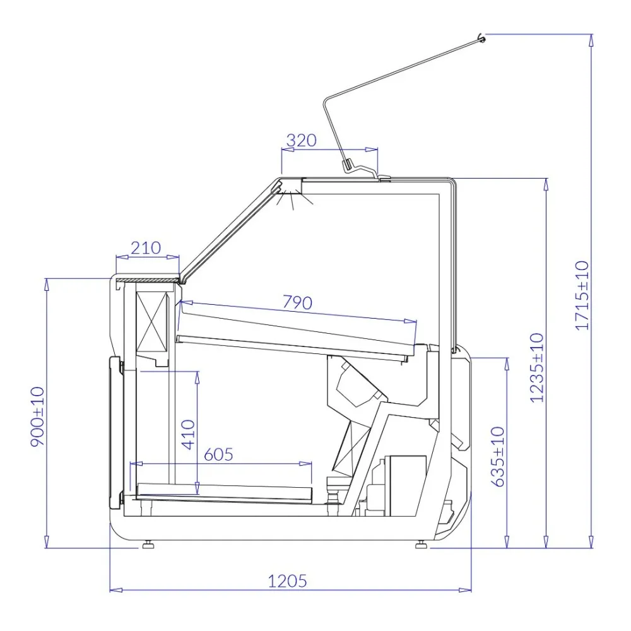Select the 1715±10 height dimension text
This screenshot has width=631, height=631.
[581, 295]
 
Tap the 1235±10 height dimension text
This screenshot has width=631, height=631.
[537, 367]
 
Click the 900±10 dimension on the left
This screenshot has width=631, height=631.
[38, 416]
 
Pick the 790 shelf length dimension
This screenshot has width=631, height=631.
[297, 303]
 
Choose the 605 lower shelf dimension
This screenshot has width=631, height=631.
[219, 454]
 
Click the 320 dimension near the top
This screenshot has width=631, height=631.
[301, 140]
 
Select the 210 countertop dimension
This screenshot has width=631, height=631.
[145, 248]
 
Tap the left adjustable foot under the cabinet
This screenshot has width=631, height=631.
[149, 544]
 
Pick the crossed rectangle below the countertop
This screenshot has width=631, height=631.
[153, 319]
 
